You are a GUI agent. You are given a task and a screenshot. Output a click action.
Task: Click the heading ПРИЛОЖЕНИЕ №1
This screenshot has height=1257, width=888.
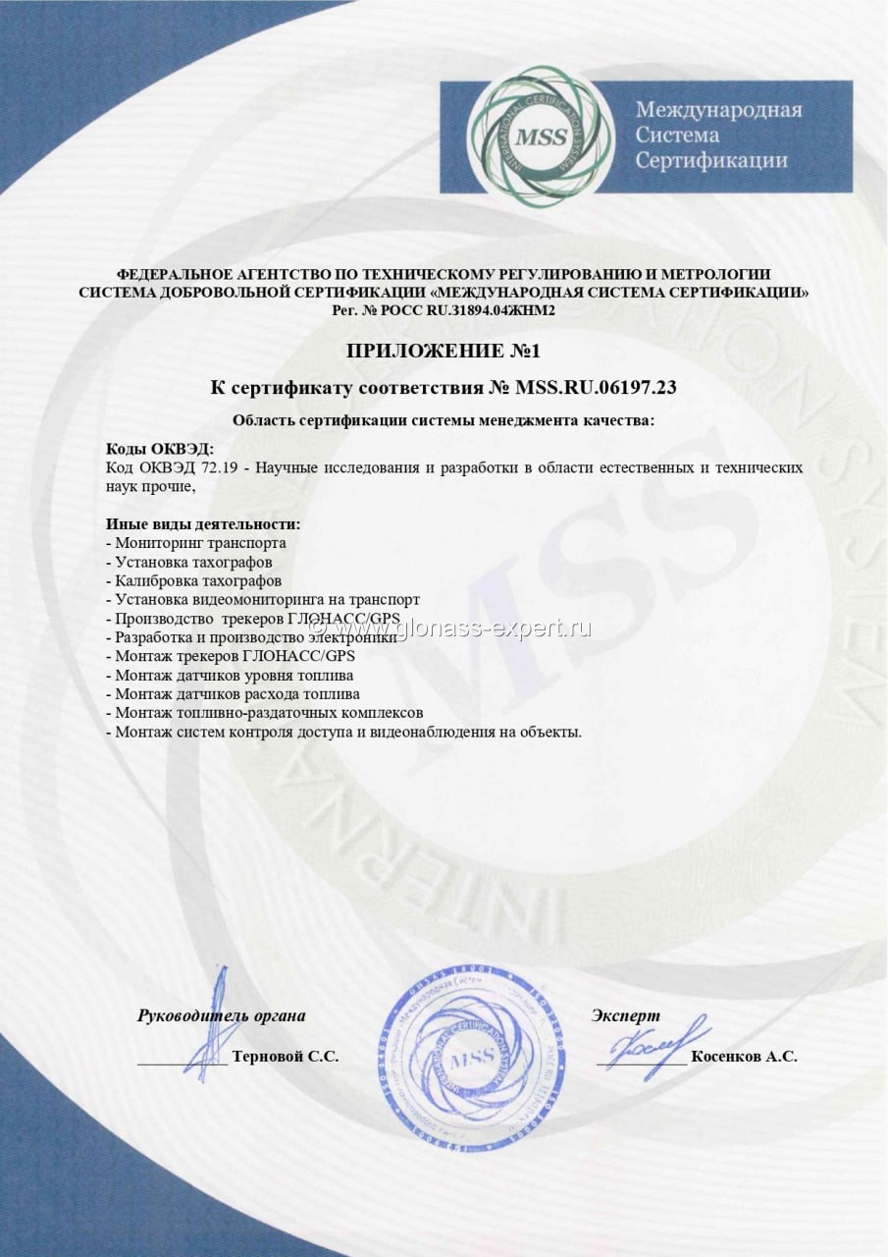point(444,351)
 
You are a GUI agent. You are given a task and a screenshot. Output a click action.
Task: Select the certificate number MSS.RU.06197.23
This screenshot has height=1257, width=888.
point(596,388)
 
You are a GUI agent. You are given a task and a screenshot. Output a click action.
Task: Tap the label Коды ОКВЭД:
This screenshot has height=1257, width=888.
point(159,448)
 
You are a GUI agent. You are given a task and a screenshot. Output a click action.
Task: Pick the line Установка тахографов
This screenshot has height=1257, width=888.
point(193,562)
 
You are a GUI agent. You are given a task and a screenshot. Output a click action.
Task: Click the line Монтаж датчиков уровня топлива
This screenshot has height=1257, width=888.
point(234,675)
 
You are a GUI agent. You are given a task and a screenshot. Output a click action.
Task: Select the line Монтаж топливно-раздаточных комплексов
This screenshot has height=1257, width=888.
point(269,712)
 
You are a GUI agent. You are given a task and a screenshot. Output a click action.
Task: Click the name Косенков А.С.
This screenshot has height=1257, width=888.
point(744,1057)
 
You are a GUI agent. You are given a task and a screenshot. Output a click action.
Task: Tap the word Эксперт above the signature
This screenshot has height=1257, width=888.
point(626,1015)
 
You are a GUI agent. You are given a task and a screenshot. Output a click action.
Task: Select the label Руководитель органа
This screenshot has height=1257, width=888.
point(221,1015)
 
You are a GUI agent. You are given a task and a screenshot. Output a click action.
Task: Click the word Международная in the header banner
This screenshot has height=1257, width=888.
point(718,109)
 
